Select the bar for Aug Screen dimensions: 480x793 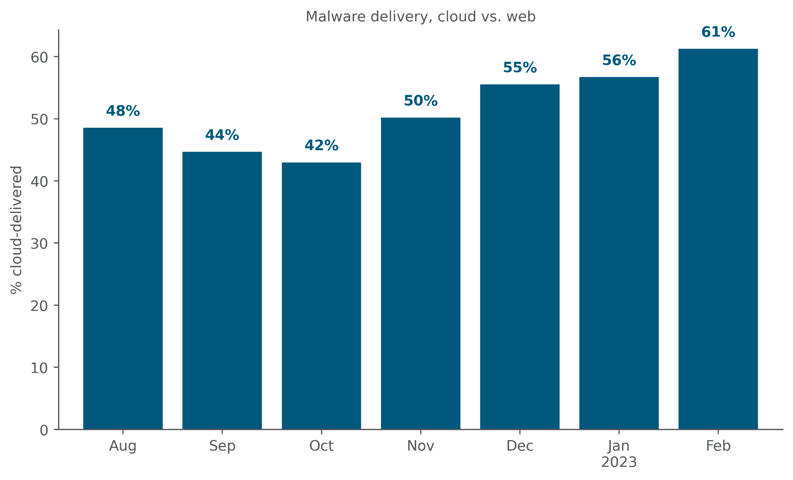click(x=123, y=278)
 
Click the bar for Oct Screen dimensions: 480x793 click(x=321, y=296)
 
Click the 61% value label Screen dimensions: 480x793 click(x=718, y=33)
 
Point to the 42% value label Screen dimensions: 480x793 click(x=321, y=146)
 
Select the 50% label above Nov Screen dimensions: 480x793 click(x=421, y=101)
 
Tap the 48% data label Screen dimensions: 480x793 click(x=123, y=111)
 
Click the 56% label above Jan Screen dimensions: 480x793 click(x=619, y=61)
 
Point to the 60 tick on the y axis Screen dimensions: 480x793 click(x=39, y=58)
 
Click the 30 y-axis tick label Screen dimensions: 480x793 click(x=39, y=244)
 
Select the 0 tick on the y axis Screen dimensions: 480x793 click(x=44, y=430)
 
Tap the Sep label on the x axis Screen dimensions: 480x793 click(x=222, y=446)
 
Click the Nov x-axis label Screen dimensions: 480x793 click(x=421, y=446)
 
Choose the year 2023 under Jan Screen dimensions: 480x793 click(x=619, y=463)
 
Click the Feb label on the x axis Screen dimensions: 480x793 click(x=718, y=446)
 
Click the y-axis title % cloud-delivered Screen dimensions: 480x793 click(x=16, y=230)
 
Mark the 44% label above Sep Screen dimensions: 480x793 click(x=222, y=135)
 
